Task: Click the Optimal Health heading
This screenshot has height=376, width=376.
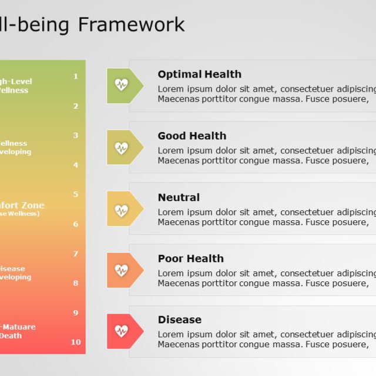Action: pyautogui.click(x=199, y=75)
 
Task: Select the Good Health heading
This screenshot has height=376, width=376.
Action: pyautogui.click(x=192, y=136)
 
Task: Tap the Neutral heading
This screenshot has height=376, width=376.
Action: pyautogui.click(x=179, y=197)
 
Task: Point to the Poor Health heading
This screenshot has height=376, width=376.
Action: pyautogui.click(x=190, y=258)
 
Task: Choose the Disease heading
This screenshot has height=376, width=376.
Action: pyautogui.click(x=179, y=320)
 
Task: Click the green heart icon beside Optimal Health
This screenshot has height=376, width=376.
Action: pyautogui.click(x=122, y=86)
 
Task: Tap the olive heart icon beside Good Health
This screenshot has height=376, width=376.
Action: pyautogui.click(x=122, y=147)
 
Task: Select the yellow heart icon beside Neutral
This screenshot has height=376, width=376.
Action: pyautogui.click(x=122, y=209)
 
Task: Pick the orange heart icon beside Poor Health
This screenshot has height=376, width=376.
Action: pyautogui.click(x=122, y=270)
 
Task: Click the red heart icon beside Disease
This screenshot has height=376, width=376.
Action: pyautogui.click(x=122, y=331)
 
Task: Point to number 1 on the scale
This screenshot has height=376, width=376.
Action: pyautogui.click(x=76, y=76)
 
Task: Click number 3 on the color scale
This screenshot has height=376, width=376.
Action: pyautogui.click(x=76, y=136)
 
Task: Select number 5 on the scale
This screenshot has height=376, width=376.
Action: pyautogui.click(x=76, y=194)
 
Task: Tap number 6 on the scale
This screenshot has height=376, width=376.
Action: pyautogui.click(x=76, y=224)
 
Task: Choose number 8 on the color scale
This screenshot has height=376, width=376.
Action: pyautogui.click(x=76, y=283)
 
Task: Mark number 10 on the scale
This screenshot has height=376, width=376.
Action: pyautogui.click(x=76, y=342)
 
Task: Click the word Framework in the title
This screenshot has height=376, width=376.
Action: pyautogui.click(x=131, y=25)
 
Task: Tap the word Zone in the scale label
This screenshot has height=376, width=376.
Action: pyautogui.click(x=32, y=206)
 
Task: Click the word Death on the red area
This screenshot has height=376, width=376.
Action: pyautogui.click(x=11, y=336)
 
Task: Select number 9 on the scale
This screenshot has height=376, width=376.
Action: pyautogui.click(x=76, y=313)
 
